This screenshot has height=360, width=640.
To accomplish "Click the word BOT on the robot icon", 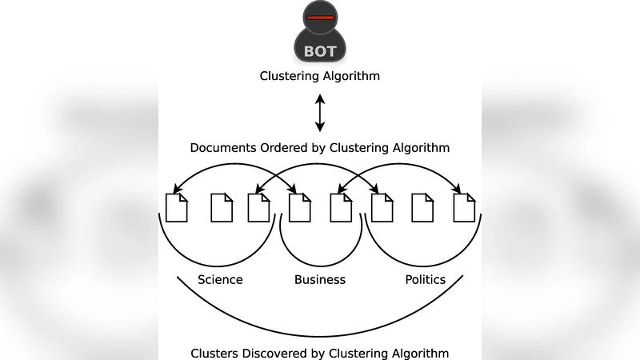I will click(x=320, y=52).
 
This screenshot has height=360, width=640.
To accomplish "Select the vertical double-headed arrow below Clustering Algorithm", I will click(x=320, y=113).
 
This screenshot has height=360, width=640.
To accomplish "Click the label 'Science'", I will click(x=220, y=280).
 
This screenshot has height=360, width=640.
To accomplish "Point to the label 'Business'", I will click(x=320, y=280).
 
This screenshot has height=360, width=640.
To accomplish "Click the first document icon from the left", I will click(x=176, y=207).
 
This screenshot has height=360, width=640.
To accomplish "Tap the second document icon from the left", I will click(x=222, y=207).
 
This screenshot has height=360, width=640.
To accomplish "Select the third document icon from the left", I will click(x=258, y=207).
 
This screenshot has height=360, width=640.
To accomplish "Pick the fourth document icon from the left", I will click(x=299, y=207).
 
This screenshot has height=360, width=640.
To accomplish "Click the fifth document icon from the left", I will click(x=341, y=207).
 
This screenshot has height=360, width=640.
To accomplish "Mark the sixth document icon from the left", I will click(x=382, y=207).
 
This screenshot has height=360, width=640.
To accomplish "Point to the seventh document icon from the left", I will click(x=422, y=207).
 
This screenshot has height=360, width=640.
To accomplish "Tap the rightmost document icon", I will click(x=464, y=207).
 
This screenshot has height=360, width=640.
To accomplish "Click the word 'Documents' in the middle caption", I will click(x=221, y=148).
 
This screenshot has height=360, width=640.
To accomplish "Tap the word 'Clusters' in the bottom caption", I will click(x=216, y=353).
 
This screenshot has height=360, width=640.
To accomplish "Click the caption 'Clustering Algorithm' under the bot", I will click(x=320, y=77).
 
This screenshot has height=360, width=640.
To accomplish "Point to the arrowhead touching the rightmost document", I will click(x=459, y=190).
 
